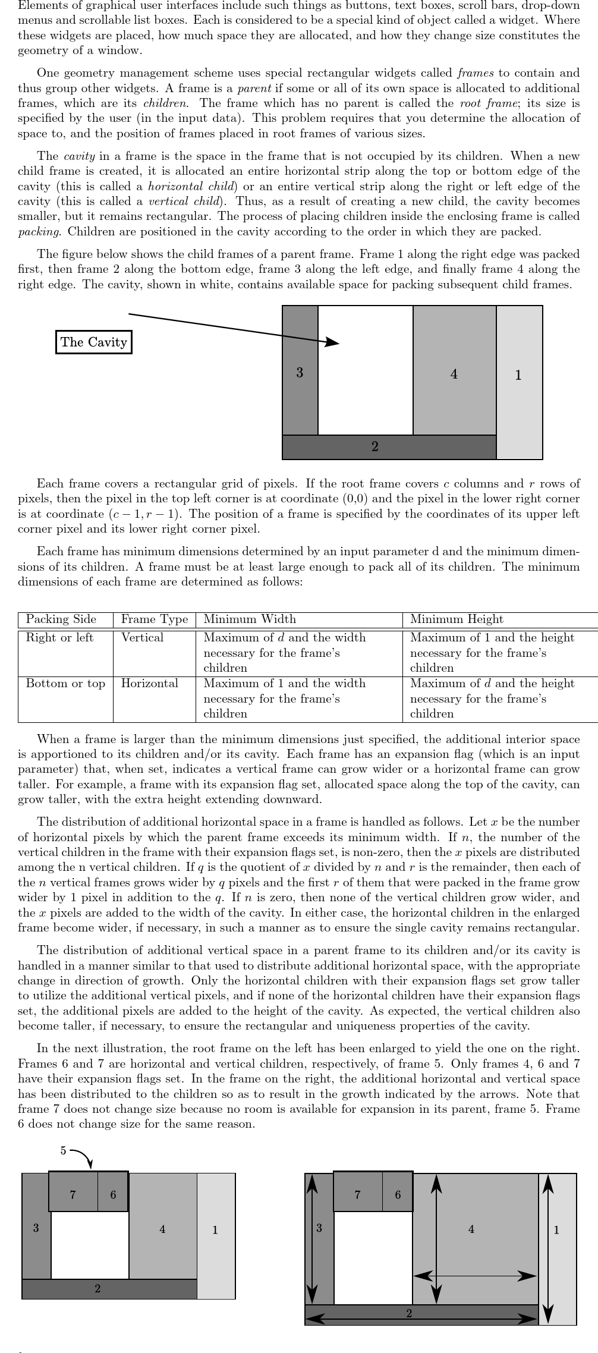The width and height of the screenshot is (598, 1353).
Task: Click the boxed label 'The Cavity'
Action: point(94,342)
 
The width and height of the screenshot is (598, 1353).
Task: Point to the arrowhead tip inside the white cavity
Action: point(338,343)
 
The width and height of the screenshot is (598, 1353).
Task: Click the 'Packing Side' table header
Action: point(61,619)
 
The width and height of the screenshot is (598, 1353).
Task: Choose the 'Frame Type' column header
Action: point(154,619)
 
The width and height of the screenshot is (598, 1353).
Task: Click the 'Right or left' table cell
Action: point(59,637)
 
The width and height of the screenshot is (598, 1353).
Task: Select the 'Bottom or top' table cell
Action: point(65,683)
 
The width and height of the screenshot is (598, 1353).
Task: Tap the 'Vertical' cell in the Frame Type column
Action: point(142,637)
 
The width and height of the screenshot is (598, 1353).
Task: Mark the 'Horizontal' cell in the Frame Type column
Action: point(149,683)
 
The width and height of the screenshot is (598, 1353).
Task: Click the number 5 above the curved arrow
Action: point(63,1150)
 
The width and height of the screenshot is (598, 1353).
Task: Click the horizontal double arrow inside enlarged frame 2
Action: point(421,1318)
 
